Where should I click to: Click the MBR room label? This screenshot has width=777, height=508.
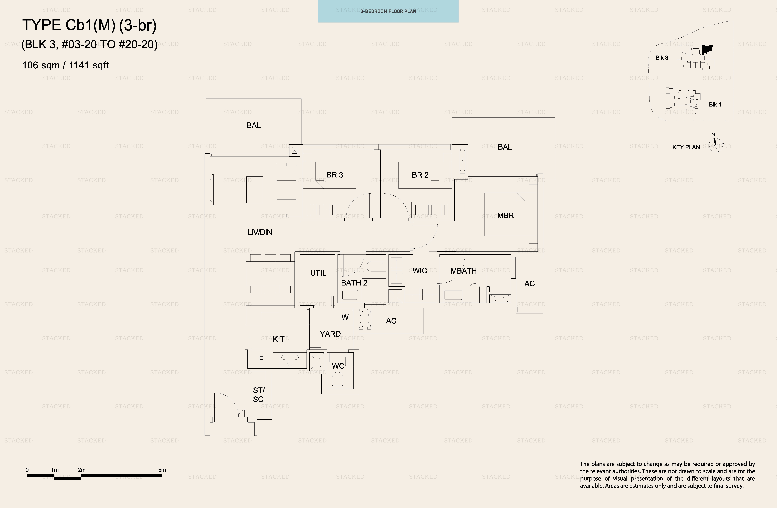[505, 215]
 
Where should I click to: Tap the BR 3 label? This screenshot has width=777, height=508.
[335, 175]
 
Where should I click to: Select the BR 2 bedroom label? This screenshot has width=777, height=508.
[420, 175]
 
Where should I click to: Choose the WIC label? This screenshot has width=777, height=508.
[420, 271]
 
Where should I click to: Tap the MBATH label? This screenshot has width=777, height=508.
[464, 271]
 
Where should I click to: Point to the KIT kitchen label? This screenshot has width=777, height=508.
[278, 339]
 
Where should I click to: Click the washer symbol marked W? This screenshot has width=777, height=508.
[345, 317]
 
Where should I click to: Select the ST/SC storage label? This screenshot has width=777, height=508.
[259, 395]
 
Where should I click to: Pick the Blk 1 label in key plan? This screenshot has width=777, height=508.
[715, 104]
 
